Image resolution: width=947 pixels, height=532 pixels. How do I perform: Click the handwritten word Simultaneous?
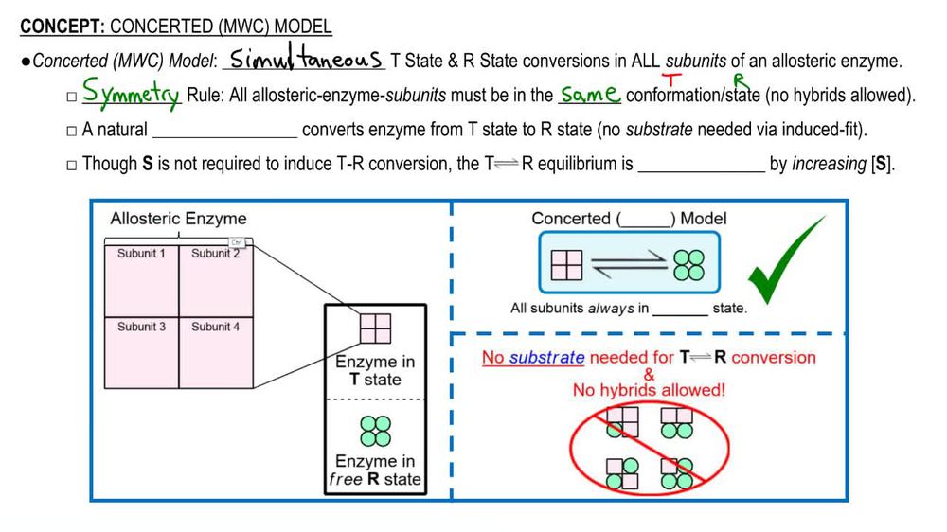pos(305,59)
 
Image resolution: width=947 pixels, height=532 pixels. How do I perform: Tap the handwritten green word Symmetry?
pos(131,95)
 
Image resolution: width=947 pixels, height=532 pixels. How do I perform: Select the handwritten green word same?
pos(589,95)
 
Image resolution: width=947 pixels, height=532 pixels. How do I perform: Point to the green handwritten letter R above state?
pos(740,80)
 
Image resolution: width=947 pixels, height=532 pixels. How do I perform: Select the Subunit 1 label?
pos(141,254)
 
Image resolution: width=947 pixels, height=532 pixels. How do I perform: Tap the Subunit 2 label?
pos(215,254)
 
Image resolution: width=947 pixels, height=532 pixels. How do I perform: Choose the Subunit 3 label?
pos(141,327)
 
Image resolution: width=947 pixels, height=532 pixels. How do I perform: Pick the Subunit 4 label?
pos(215,327)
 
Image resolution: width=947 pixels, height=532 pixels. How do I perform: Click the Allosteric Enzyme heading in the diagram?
pos(178,219)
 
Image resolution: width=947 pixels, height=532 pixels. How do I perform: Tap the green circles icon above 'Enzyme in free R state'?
pos(375,432)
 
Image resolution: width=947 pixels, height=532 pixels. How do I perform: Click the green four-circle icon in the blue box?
pos(688,262)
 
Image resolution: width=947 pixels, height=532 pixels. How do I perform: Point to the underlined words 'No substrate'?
pos(533,358)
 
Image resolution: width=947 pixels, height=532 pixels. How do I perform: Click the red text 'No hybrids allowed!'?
pos(648,390)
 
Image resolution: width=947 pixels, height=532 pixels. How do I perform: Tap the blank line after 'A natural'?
pos(224,130)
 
